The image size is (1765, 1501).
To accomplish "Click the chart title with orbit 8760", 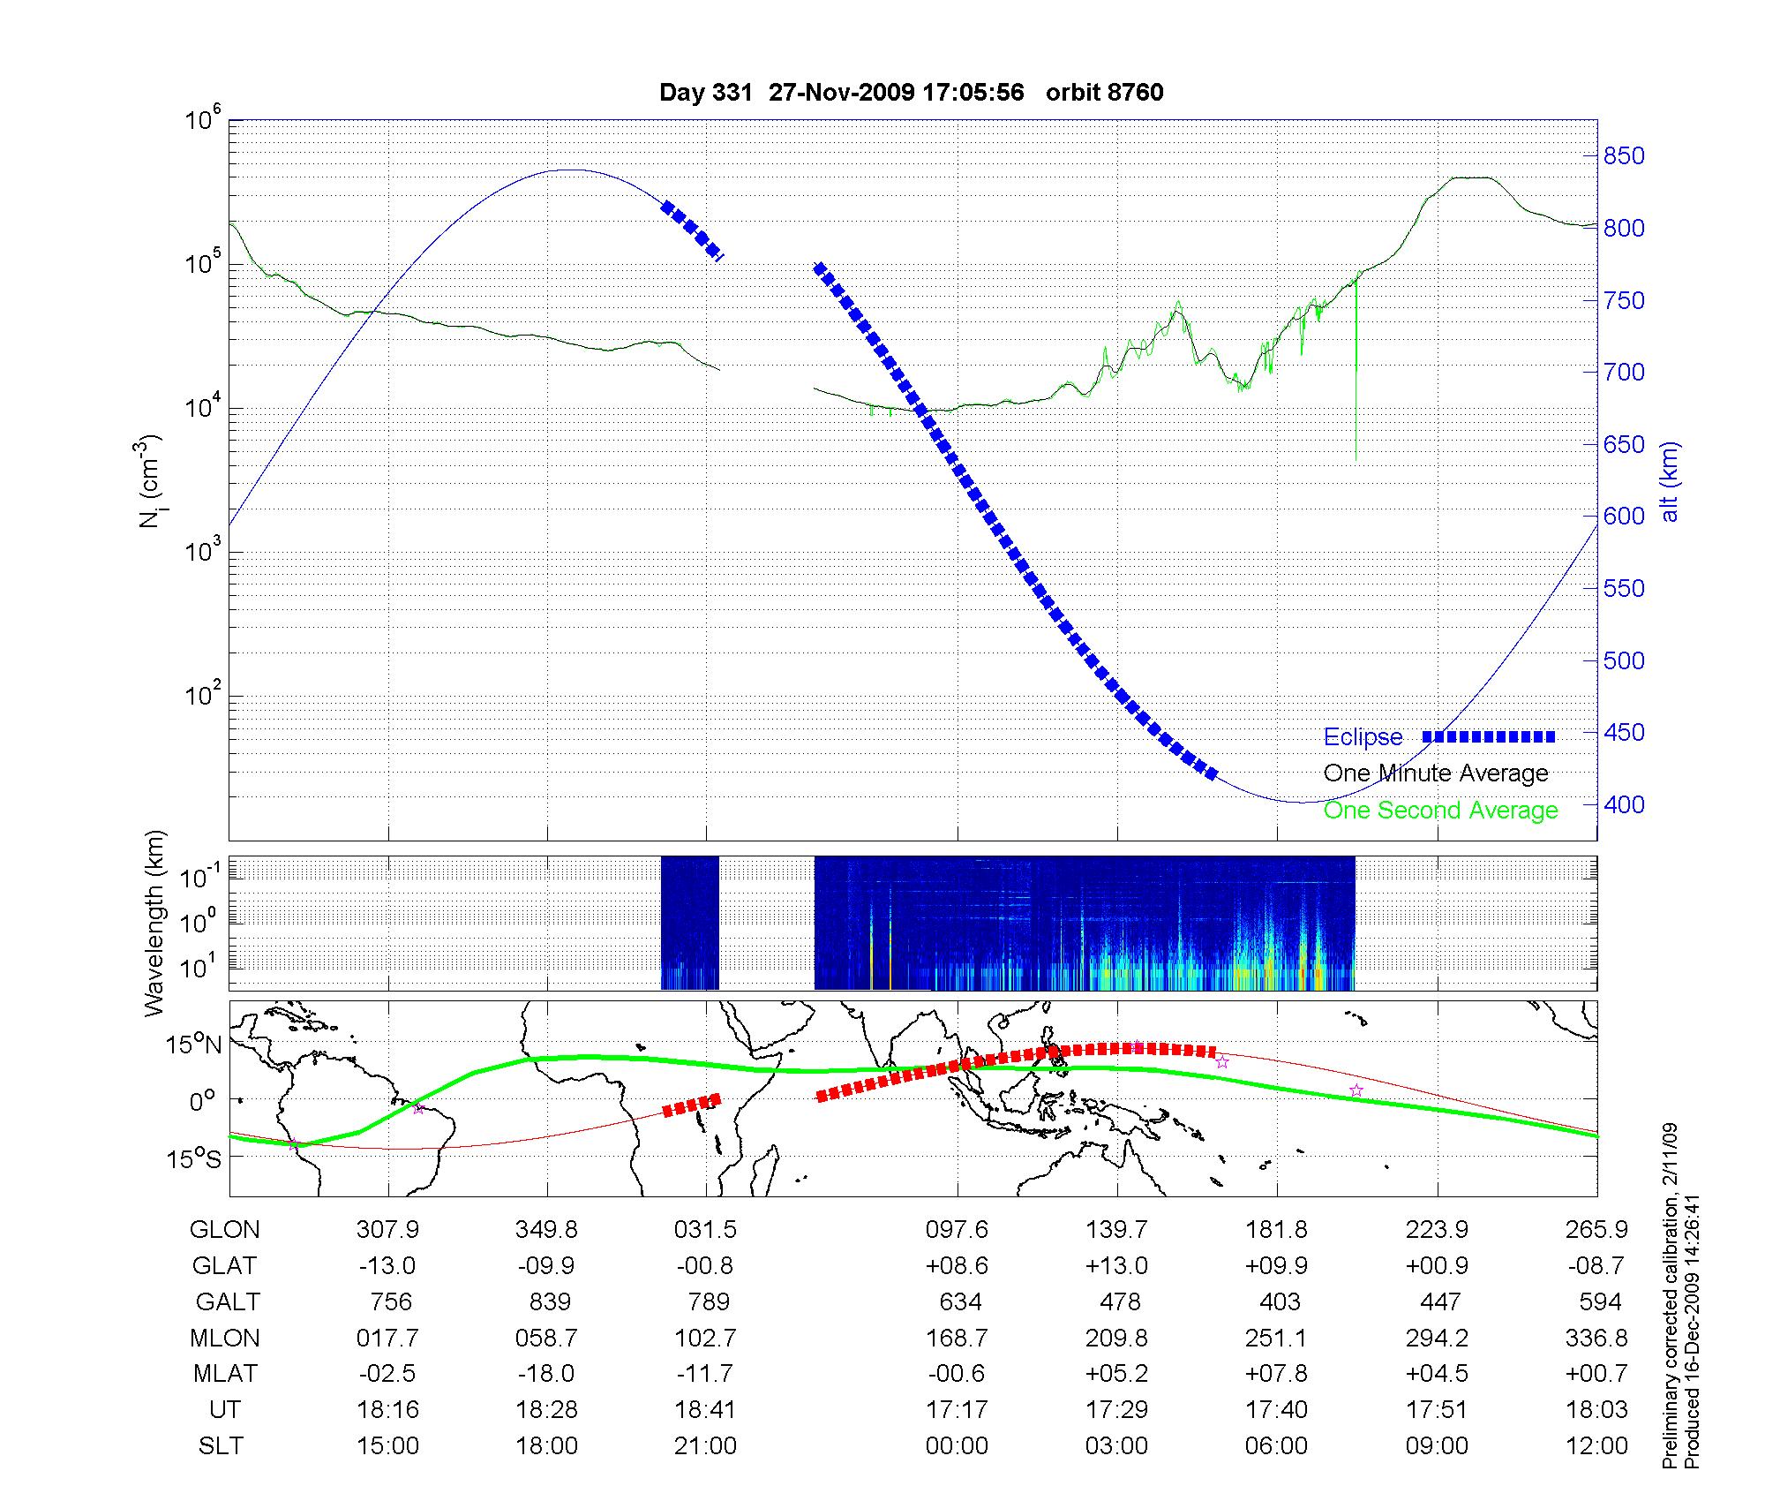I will click(x=911, y=93).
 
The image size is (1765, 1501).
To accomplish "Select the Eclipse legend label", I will click(x=1363, y=737).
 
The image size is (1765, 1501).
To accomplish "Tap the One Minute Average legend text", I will click(x=1436, y=773).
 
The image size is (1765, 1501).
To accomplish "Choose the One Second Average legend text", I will click(x=1440, y=811).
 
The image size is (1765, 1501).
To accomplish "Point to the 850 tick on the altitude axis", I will click(x=1624, y=156).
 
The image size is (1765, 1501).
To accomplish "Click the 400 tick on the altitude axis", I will click(x=1624, y=804).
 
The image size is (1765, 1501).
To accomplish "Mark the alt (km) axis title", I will click(x=1670, y=481).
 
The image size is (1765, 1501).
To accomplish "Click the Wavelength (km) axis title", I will click(x=155, y=923).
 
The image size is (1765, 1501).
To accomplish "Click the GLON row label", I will click(x=225, y=1230).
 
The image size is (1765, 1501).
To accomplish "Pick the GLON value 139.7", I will click(x=1117, y=1230).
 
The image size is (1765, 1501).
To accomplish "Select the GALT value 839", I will click(x=547, y=1302).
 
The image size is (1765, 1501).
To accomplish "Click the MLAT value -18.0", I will click(x=547, y=1374).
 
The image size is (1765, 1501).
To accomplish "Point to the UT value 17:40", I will click(x=1276, y=1410).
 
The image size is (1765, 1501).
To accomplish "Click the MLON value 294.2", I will click(x=1437, y=1339).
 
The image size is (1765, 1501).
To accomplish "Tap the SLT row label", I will click(x=221, y=1446).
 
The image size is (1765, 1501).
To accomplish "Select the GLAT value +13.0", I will click(x=1117, y=1266).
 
